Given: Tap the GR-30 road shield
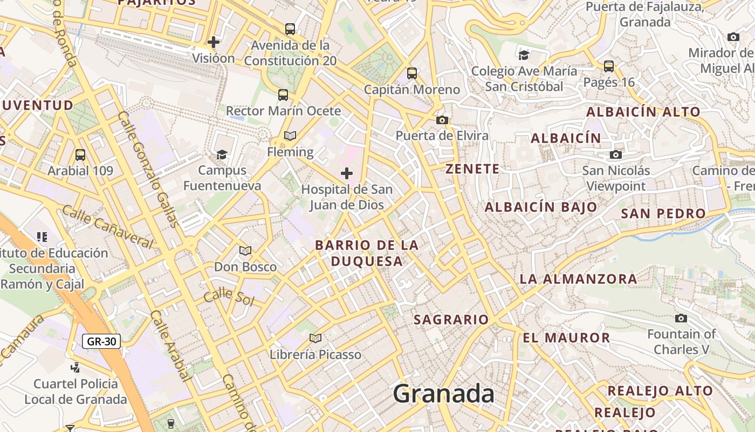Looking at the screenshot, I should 101,341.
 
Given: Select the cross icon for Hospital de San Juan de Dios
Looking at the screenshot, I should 347,173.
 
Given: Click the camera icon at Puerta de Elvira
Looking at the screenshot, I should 442,120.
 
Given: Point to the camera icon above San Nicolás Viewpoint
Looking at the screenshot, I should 615,155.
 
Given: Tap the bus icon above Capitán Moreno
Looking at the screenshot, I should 412,73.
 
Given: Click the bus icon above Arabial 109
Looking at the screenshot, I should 80,155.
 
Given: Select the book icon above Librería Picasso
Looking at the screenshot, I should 315,338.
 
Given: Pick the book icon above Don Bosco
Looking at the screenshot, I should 245,251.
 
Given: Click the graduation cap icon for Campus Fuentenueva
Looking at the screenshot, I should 222,155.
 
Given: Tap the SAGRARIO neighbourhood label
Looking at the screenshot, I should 451,320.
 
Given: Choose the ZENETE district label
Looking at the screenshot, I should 472,169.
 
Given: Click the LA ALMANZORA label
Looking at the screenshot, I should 578,279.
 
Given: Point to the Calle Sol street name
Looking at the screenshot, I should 229,295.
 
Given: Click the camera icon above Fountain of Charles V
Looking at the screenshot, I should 681,318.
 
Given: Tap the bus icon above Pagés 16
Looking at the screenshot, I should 609,66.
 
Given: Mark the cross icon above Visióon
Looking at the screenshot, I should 214,42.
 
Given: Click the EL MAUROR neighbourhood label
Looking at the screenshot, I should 566,338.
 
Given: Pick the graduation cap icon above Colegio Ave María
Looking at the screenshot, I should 524,55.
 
